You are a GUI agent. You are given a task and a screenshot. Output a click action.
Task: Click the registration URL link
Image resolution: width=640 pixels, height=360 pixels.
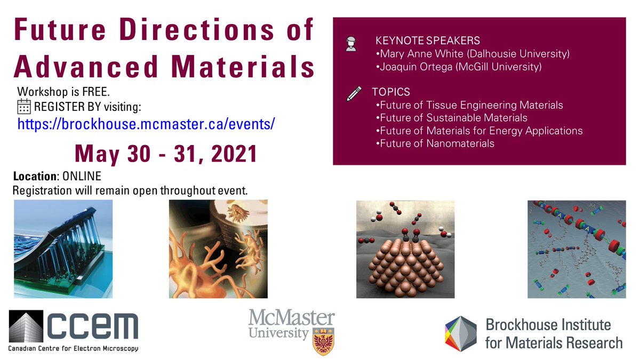[x=146, y=124]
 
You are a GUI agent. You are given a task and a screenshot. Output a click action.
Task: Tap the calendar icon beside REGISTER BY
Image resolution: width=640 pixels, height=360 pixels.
[x=24, y=107]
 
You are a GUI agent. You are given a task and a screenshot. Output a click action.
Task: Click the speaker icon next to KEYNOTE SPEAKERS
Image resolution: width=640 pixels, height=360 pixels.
[x=350, y=44]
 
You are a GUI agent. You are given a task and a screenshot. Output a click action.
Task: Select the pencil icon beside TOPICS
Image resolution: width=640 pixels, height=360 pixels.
[x=354, y=94]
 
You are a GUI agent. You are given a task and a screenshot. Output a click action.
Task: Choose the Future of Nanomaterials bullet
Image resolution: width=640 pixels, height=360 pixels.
[x=435, y=143]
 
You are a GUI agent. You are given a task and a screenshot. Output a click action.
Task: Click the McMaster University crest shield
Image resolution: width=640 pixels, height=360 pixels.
[x=323, y=338]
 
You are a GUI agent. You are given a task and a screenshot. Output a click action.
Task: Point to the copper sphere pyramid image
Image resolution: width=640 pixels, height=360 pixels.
[x=405, y=249]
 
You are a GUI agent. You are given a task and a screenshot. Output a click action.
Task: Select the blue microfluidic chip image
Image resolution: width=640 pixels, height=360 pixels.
[x=63, y=249]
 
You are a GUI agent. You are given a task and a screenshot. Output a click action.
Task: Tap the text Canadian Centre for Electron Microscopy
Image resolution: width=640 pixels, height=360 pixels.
[x=73, y=348]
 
